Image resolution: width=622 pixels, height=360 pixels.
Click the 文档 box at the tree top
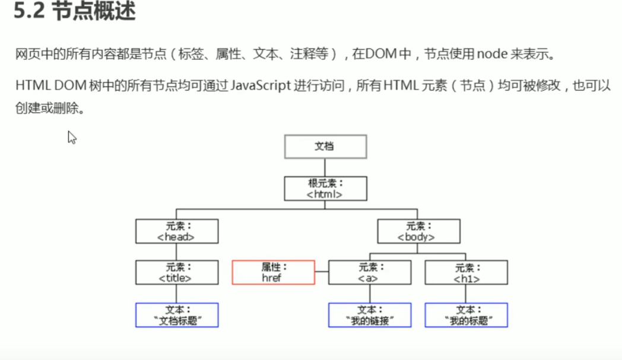tap(325, 146)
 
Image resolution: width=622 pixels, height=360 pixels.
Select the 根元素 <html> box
tap(325, 188)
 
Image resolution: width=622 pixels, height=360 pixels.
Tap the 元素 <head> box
tap(177, 231)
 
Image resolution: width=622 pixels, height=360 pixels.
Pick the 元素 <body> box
tap(418, 231)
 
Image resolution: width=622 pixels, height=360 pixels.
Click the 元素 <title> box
tap(177, 272)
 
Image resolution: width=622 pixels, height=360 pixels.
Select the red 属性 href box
tap(273, 272)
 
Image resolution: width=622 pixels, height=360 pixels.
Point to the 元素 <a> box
tap(370, 272)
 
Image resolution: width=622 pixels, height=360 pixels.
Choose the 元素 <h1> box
tap(466, 272)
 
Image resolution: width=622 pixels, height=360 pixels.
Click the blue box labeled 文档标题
tap(177, 315)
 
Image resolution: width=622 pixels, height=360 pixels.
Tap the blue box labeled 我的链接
tap(370, 315)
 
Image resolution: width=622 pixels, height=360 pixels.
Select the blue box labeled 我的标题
tap(466, 315)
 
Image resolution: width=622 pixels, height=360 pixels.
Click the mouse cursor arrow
tap(72, 138)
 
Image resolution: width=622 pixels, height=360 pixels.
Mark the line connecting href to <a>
tap(321, 272)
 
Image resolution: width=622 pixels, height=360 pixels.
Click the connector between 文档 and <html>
tap(325, 167)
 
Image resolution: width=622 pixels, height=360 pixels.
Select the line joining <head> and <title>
tap(177, 251)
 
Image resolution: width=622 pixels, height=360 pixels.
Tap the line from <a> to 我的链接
tap(370, 294)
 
